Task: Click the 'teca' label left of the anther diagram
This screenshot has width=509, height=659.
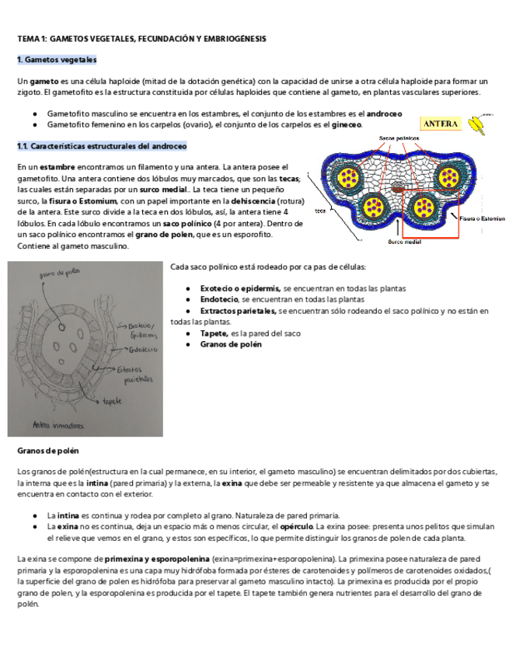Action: point(319,211)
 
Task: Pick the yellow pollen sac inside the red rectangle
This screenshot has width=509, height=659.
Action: point(424,207)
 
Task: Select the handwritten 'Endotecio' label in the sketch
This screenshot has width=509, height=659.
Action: point(134,349)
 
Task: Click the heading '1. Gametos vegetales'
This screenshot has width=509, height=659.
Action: point(57,60)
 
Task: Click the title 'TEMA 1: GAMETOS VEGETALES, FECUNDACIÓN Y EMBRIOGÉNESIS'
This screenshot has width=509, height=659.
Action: point(141,38)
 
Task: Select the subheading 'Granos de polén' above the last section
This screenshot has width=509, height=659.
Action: point(48,451)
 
